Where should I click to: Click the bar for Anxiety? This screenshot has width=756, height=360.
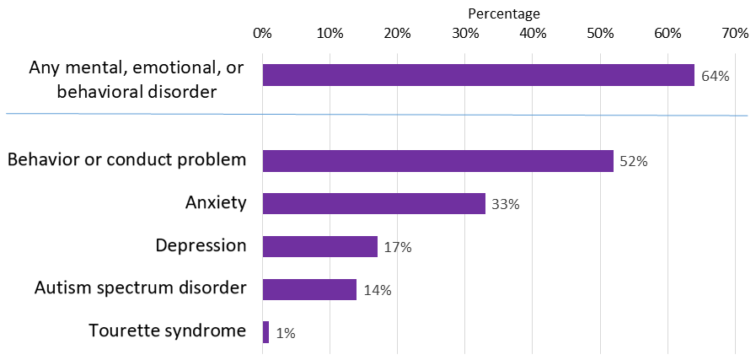click(x=373, y=203)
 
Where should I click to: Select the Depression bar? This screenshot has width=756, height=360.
click(x=319, y=246)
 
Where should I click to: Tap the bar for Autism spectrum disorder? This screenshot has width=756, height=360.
click(x=309, y=289)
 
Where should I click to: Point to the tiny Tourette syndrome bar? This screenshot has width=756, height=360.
click(x=265, y=332)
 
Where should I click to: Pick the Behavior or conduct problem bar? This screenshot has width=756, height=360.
click(x=437, y=160)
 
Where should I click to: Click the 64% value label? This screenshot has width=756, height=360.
click(x=715, y=76)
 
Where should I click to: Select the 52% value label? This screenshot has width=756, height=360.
click(x=634, y=162)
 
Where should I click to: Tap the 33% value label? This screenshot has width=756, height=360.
click(x=505, y=205)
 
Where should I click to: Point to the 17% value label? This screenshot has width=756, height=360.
click(x=397, y=248)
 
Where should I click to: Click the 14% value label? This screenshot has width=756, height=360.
click(x=377, y=291)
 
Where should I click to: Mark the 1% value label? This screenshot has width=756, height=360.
click(x=285, y=334)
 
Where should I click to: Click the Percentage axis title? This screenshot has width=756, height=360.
click(x=503, y=13)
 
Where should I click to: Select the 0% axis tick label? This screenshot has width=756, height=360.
click(x=262, y=34)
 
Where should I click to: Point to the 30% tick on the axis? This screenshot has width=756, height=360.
click(x=465, y=34)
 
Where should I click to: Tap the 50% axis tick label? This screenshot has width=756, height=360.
click(x=600, y=34)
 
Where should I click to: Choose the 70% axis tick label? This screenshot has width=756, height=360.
click(x=735, y=34)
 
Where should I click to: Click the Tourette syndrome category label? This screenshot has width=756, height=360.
click(x=167, y=330)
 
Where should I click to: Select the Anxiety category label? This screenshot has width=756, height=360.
click(x=215, y=202)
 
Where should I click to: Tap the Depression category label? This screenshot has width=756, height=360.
click(x=201, y=245)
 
